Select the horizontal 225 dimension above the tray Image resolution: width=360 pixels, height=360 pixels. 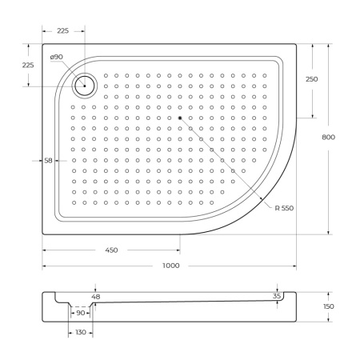tap(63, 31)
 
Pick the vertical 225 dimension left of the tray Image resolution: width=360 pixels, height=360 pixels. tap(27, 66)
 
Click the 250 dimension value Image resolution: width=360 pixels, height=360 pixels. tap(312, 79)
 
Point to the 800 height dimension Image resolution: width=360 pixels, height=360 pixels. tap(328, 137)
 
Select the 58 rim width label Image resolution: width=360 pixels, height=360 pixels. tap(48, 161)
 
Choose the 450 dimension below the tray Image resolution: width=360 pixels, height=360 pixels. tap(111, 250)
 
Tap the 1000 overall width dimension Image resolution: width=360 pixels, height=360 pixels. tap(170, 266)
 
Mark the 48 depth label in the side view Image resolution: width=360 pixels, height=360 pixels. tap(96, 297)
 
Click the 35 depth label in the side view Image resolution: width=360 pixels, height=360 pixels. tap(278, 296)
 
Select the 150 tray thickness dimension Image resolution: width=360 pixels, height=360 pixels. tap(330, 307)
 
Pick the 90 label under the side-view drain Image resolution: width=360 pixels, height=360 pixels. tap(81, 314)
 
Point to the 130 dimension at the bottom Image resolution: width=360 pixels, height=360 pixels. tap(80, 333)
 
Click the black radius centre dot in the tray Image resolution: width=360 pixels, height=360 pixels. tap(181, 118)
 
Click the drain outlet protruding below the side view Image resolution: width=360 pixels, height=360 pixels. tap(80, 307)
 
